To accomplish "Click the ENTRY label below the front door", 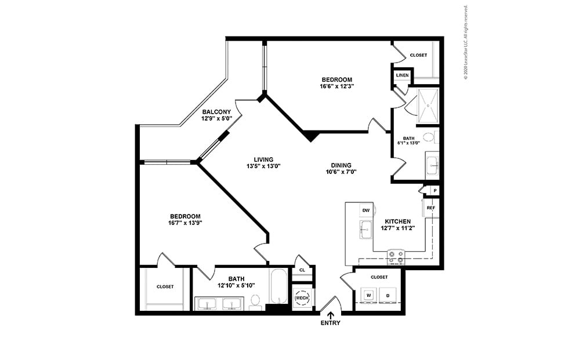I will pos(331,323).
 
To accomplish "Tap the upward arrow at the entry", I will pos(331,315).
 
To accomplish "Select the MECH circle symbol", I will pos(302,298).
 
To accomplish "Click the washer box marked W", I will pos(368,295).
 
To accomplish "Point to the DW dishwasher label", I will pos(366,210).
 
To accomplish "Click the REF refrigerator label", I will pos(430,208).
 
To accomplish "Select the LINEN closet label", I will pos(402,76).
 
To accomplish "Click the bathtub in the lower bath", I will pos(278,286).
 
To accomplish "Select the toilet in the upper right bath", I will pos(429,137).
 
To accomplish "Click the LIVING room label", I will pos(263,160).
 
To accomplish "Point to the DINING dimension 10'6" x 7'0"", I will pos(341,172).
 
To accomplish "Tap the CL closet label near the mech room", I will pos(302,270).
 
